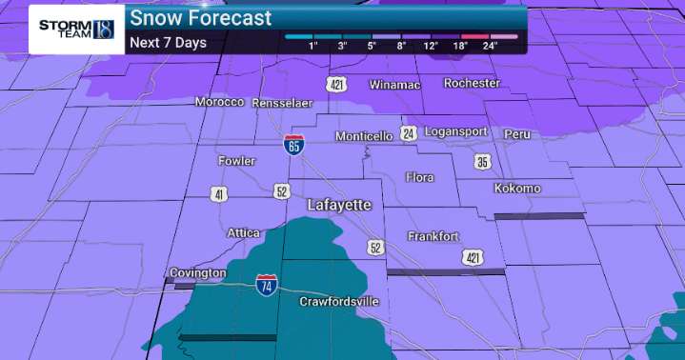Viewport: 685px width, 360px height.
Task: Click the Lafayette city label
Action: (339, 205)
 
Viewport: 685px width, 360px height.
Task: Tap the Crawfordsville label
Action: (339, 302)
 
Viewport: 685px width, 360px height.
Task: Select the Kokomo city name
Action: (517, 189)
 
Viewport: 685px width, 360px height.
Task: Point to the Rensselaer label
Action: (288, 102)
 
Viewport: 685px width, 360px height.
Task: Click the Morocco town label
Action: (219, 102)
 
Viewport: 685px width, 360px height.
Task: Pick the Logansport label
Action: (455, 131)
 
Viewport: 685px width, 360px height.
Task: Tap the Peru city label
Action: (517, 133)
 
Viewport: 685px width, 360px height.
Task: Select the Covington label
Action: (198, 273)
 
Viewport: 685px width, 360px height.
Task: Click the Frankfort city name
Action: (433, 235)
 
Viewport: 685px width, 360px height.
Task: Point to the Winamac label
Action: (393, 84)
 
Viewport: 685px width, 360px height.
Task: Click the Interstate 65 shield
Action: (294, 146)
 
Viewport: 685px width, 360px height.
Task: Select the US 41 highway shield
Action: (220, 194)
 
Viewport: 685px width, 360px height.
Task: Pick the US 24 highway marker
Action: (408, 132)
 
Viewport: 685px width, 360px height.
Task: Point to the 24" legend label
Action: (490, 46)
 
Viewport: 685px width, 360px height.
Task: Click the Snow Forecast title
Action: (200, 18)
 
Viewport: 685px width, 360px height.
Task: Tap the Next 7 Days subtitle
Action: (168, 43)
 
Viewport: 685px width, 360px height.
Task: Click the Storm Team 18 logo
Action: (76, 29)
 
